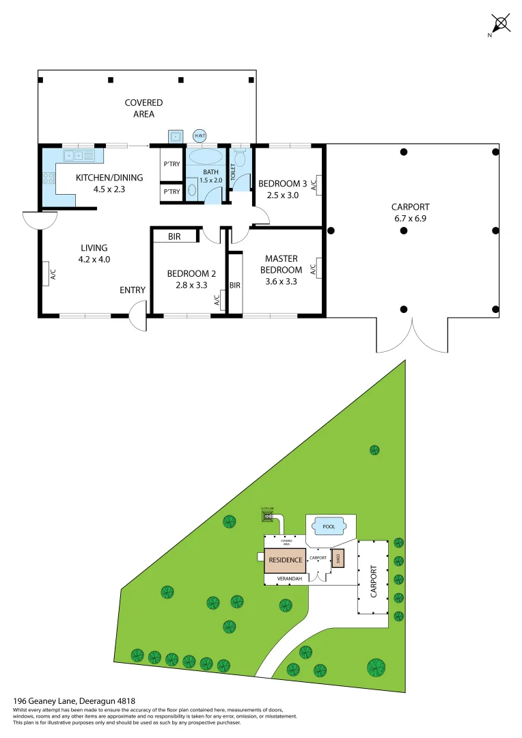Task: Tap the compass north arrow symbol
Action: point(502,24)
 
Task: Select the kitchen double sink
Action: point(75,156)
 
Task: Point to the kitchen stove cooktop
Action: point(49,179)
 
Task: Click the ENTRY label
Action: point(133,290)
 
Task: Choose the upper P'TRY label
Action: point(171,164)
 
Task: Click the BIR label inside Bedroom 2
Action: point(174,236)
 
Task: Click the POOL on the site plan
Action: point(329,527)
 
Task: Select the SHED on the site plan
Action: point(338,558)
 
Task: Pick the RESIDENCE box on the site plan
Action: point(284,560)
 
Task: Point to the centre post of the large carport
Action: point(404,231)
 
